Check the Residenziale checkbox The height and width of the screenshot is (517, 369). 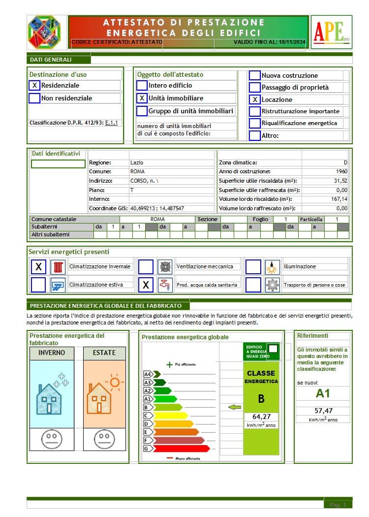(x=34, y=85)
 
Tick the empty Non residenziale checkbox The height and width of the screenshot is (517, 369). (x=34, y=98)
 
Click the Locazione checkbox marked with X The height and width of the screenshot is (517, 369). (x=254, y=99)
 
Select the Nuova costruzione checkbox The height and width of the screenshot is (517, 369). (x=254, y=75)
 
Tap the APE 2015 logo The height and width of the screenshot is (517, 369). (x=331, y=32)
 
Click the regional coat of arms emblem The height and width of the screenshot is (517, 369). (x=44, y=32)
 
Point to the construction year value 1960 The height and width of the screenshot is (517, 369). (x=340, y=171)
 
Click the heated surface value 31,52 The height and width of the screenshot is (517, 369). (x=339, y=181)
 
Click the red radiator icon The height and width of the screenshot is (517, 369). (x=59, y=267)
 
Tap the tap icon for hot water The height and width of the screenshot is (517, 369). (x=164, y=285)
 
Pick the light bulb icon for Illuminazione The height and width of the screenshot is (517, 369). (x=272, y=267)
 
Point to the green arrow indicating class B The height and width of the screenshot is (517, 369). (x=235, y=407)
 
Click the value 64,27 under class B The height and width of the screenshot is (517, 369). (x=261, y=416)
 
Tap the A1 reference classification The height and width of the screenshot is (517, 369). (x=322, y=393)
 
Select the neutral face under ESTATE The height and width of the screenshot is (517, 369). (x=104, y=438)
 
